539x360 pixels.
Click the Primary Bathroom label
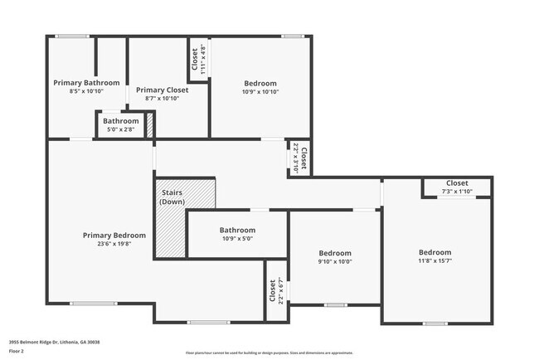[86, 83]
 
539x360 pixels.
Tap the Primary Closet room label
[163, 90]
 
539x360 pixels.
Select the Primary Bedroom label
[114, 235]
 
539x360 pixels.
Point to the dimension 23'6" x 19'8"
[114, 245]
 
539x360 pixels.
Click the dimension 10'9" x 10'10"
[260, 91]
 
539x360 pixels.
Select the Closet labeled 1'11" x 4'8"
[197, 59]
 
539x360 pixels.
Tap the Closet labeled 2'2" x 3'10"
[303, 157]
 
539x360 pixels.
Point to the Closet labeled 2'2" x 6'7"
[273, 290]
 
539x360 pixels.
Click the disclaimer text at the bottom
[269, 353]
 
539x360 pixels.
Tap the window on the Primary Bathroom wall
[72, 36]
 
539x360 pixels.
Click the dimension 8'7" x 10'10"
[163, 99]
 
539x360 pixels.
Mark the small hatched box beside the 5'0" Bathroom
[150, 126]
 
